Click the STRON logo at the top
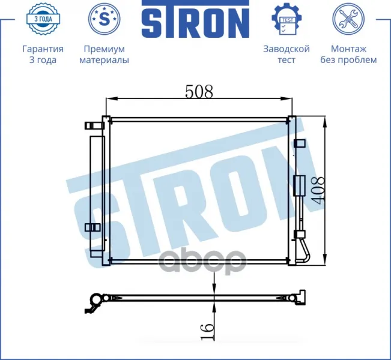[x=196, y=19]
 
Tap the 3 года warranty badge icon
[x=43, y=19]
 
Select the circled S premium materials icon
[x=105, y=19]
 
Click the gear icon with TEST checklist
[x=286, y=19]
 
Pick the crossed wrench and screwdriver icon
[x=348, y=19]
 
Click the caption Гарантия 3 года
[x=43, y=55]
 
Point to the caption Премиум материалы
[x=105, y=55]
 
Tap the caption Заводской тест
[x=286, y=55]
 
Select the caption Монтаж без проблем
[x=348, y=55]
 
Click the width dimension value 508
[x=199, y=91]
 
